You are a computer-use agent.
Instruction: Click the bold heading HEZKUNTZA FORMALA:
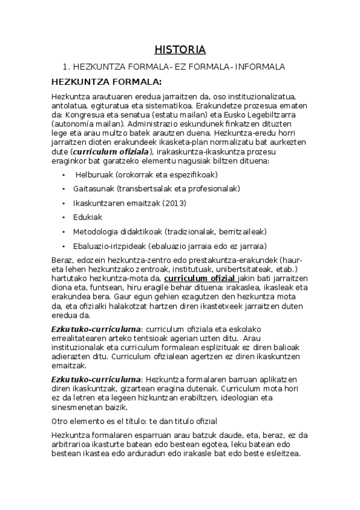point(106,81)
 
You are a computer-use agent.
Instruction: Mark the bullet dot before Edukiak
point(64,217)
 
